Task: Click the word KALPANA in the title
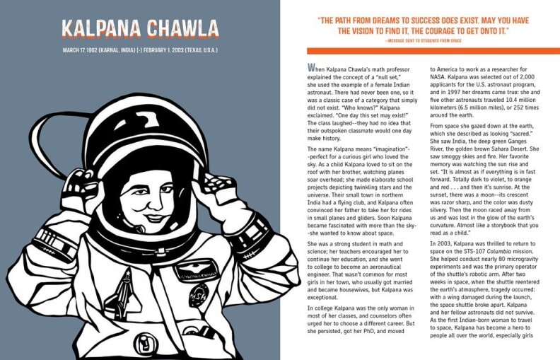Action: pyautogui.click(x=100, y=30)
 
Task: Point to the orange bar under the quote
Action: pyautogui.click(x=433, y=51)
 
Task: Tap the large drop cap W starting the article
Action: pyautogui.click(x=311, y=68)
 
